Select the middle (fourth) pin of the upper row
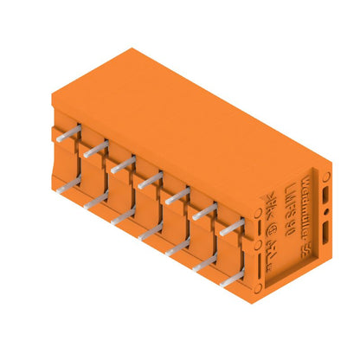151,179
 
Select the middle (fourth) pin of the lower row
151,230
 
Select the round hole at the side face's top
326,177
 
